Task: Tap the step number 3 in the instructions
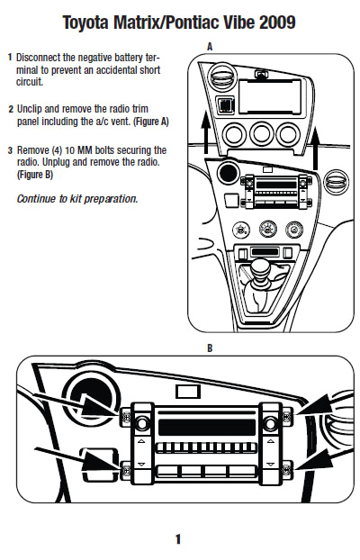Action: pyautogui.click(x=10, y=149)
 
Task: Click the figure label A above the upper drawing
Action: pyautogui.click(x=210, y=45)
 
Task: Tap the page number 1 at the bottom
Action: pyautogui.click(x=178, y=539)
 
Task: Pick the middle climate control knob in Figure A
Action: pyautogui.click(x=265, y=228)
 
